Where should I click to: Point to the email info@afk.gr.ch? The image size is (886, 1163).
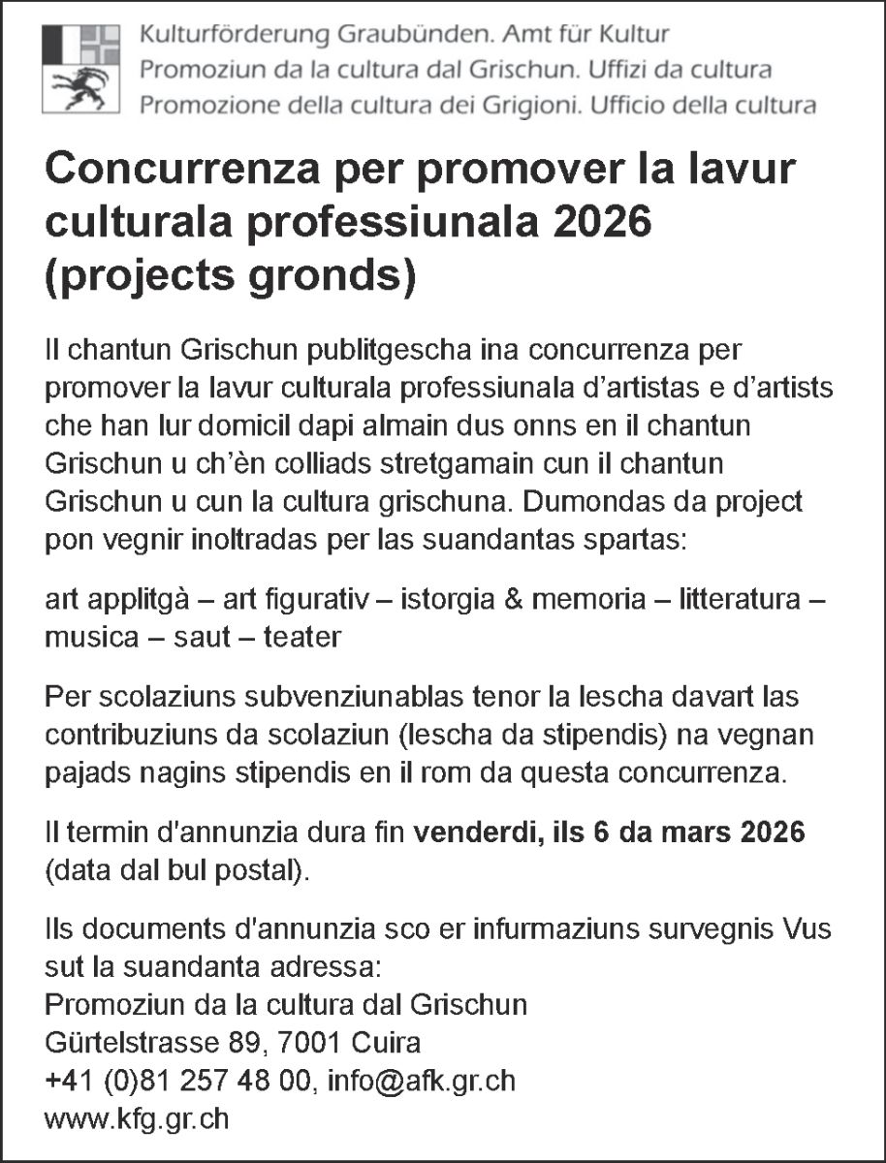(422, 1081)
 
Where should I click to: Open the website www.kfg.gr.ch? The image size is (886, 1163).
(137, 1118)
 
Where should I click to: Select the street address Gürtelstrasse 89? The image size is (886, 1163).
(153, 1043)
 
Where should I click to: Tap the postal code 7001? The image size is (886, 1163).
(309, 1043)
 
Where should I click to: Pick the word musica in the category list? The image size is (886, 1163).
(87, 639)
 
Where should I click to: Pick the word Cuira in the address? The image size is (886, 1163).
(387, 1043)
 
